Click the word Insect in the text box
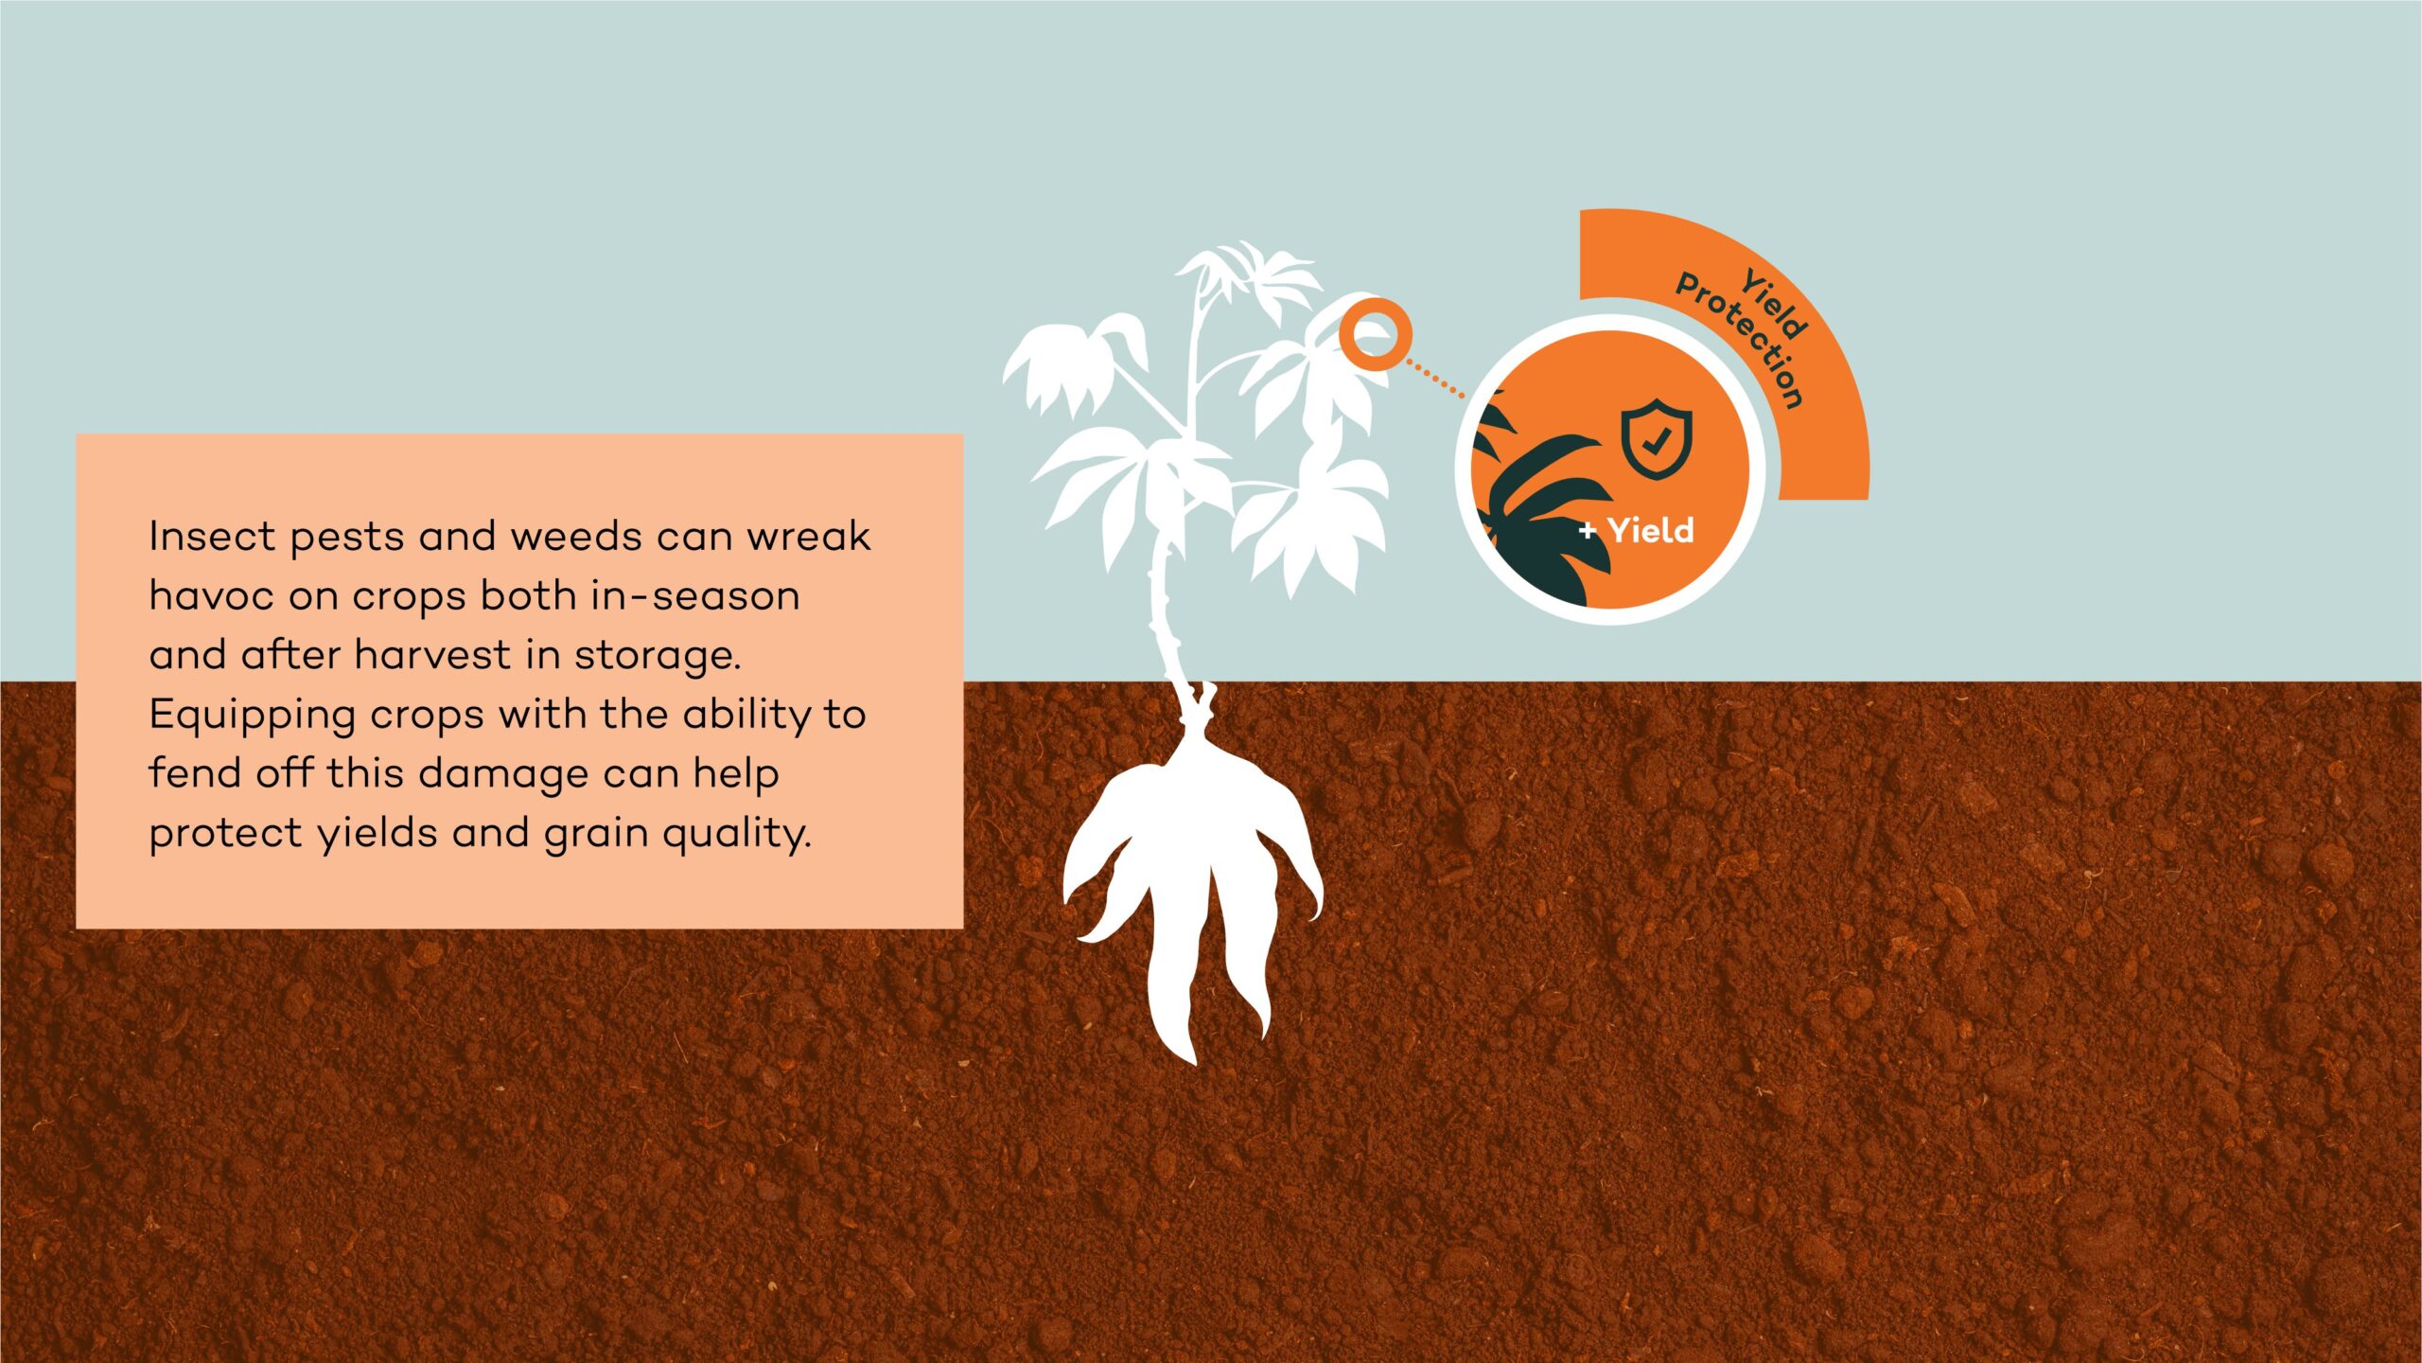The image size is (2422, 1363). (212, 536)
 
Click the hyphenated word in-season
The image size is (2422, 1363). (695, 595)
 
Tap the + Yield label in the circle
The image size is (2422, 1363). (1636, 530)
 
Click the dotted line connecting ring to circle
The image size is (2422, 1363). (1435, 378)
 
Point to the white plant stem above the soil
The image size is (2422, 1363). (1162, 606)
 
